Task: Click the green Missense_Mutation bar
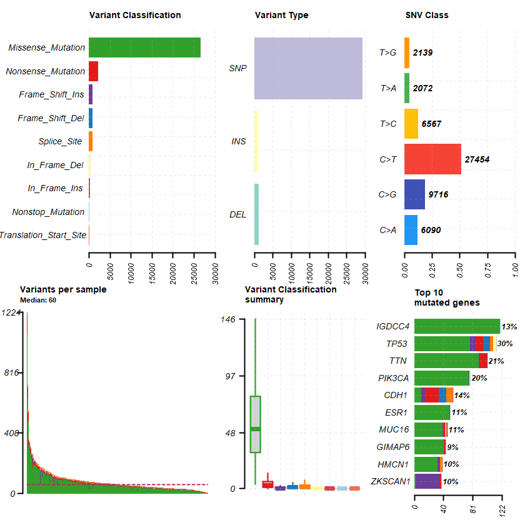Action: (144, 47)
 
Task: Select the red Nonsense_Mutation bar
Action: (93, 71)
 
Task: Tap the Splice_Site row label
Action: (60, 141)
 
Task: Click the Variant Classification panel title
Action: (135, 15)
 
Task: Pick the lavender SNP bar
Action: (308, 68)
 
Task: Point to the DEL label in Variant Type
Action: (237, 214)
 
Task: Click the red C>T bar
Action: (432, 159)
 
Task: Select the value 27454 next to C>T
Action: (477, 159)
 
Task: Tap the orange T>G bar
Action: (407, 52)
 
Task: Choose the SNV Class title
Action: (427, 15)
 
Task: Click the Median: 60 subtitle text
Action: (38, 300)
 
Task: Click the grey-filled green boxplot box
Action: (255, 424)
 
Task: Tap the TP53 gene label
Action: (398, 344)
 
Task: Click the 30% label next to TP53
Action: (504, 344)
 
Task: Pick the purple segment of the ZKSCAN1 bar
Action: (428, 481)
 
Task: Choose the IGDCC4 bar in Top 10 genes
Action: (457, 326)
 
